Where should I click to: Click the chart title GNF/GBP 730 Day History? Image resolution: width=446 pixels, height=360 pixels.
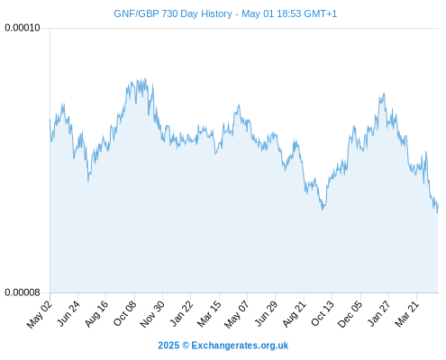(173, 13)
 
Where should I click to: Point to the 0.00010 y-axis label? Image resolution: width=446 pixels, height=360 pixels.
(23, 28)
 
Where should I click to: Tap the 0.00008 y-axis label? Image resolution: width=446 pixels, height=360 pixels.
(23, 292)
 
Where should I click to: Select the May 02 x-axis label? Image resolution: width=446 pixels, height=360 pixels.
(40, 315)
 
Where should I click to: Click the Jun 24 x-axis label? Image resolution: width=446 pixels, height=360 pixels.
(68, 314)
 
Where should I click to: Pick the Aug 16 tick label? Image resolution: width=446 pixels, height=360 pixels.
(96, 314)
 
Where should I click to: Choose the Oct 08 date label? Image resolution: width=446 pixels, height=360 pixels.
(124, 314)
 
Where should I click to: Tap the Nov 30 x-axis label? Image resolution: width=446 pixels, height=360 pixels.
(152, 314)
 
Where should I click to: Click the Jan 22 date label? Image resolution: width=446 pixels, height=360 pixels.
(181, 314)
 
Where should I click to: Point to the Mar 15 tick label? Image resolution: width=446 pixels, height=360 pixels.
(209, 314)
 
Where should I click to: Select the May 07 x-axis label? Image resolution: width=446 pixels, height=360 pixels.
(237, 315)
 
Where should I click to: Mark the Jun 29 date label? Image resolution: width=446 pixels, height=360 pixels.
(266, 314)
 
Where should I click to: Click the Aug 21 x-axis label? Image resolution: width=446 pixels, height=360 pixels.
(294, 314)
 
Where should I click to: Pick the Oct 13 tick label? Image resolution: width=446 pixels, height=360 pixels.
(323, 314)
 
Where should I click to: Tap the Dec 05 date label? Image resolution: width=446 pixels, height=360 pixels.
(350, 314)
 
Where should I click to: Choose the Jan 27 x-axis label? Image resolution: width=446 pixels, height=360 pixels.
(379, 314)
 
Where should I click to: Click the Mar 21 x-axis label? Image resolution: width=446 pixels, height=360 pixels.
(407, 314)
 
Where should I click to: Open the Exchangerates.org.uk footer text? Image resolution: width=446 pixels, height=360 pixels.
(240, 346)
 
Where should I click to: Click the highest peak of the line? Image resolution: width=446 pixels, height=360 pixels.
(145, 78)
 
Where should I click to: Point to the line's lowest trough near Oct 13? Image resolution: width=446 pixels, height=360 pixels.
(323, 210)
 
